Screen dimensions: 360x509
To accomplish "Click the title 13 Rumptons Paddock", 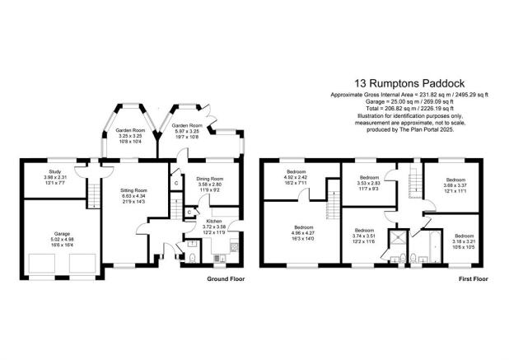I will click(x=409, y=82).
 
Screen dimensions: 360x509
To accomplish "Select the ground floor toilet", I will click(x=191, y=257).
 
